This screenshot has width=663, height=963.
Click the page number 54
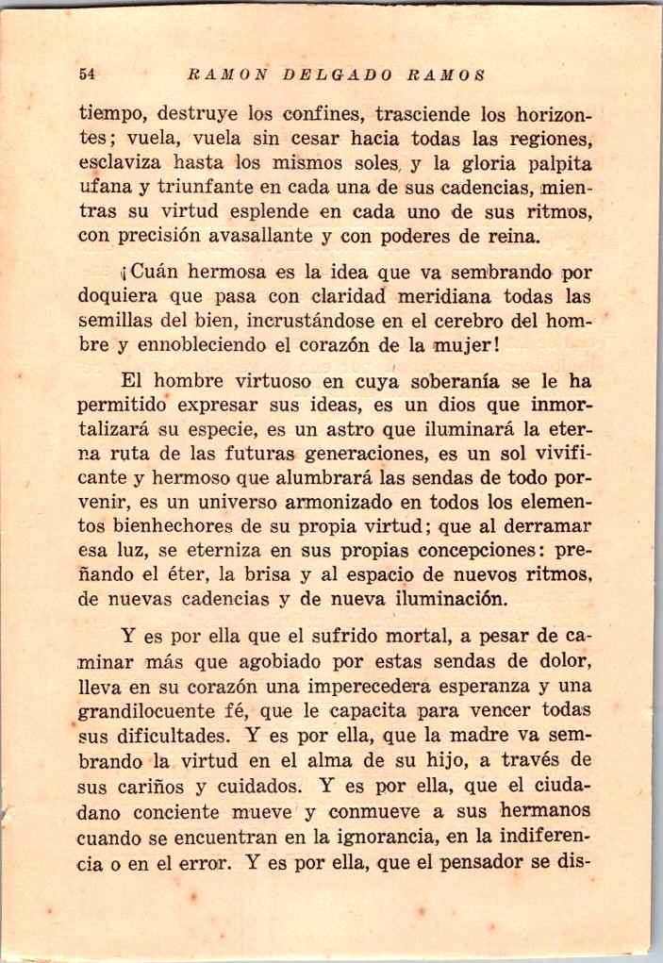click(x=90, y=74)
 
